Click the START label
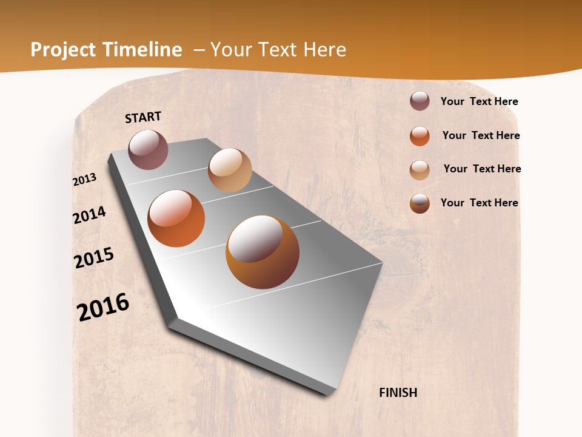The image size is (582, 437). pyautogui.click(x=143, y=117)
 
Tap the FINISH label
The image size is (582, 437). pyautogui.click(x=398, y=393)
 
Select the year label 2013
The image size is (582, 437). pyautogui.click(x=85, y=180)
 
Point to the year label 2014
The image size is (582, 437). pyautogui.click(x=89, y=215)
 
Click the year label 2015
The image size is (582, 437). pyautogui.click(x=94, y=258)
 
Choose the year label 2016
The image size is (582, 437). pyautogui.click(x=103, y=307)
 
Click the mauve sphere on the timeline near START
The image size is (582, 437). pyautogui.click(x=149, y=149)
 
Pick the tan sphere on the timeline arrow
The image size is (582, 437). pyautogui.click(x=230, y=170)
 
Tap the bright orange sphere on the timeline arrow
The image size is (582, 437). pyautogui.click(x=176, y=218)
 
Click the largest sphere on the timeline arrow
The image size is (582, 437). pyautogui.click(x=263, y=252)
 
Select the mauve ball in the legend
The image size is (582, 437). pyautogui.click(x=420, y=101)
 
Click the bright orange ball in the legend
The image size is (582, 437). pyautogui.click(x=420, y=136)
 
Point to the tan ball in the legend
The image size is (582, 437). pyautogui.click(x=420, y=170)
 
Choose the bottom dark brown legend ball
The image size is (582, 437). pyautogui.click(x=420, y=203)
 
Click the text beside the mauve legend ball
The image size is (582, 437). pyautogui.click(x=479, y=101)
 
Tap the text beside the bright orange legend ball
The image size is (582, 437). pyautogui.click(x=481, y=135)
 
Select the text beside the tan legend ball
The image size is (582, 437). pyautogui.click(x=482, y=169)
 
